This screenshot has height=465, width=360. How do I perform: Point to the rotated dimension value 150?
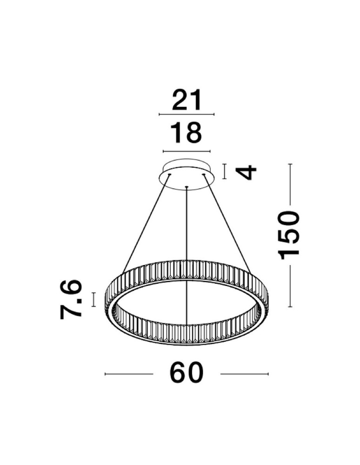[x=290, y=234]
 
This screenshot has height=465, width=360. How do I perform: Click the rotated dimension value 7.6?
[x=71, y=299]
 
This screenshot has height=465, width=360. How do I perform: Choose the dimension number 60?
[x=187, y=373]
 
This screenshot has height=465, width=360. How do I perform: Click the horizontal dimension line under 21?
[x=187, y=114]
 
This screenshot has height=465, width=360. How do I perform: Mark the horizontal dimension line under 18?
[x=187, y=152]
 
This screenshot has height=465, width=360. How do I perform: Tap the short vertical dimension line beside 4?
[x=225, y=171]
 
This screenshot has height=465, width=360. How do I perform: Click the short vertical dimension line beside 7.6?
[x=94, y=299]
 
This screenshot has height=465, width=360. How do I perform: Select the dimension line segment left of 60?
[x=129, y=374]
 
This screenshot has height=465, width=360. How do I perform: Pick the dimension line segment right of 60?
[x=244, y=374]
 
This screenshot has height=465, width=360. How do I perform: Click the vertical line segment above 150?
[x=290, y=184]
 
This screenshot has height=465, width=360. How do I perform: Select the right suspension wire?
[x=227, y=223]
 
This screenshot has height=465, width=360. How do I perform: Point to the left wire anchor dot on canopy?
[x=169, y=175]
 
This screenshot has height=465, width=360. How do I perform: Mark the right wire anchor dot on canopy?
[x=203, y=175]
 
